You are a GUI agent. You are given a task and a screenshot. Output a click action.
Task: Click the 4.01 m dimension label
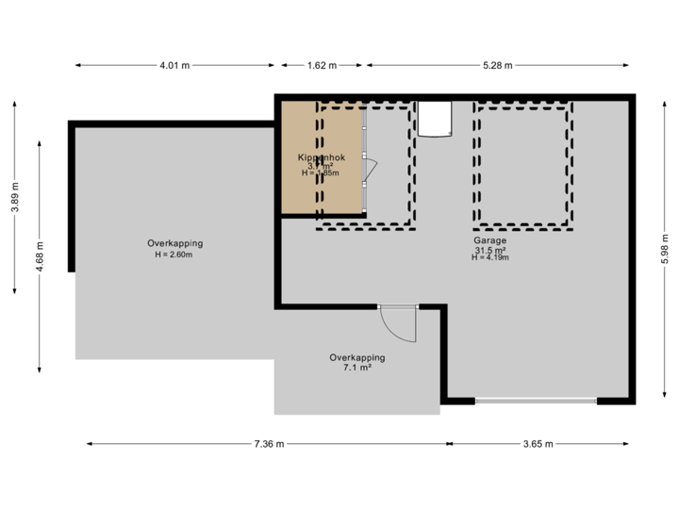coord(174,66)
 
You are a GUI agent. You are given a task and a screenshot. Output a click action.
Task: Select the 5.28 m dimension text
coord(497,66)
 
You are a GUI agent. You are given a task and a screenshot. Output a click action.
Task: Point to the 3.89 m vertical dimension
coord(14,198)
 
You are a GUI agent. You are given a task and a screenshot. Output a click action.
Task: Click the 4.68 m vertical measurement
coord(40,256)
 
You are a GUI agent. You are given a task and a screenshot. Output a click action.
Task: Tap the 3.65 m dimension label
coord(539,444)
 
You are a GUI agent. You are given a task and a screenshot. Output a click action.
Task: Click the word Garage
coord(489,240)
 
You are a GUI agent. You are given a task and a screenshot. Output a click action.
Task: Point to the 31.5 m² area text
coord(489,249)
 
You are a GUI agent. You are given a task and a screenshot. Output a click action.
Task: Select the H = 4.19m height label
coord(489,257)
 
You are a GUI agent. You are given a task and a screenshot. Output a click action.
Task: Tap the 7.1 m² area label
coord(356,369)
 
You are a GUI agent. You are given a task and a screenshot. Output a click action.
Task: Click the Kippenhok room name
coord(323,156)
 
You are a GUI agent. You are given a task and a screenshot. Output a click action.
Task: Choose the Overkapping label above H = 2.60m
coord(174,243)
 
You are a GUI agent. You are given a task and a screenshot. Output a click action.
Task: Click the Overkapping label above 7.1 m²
coord(356,358)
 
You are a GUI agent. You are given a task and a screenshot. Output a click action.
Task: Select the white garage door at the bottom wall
coord(536,401)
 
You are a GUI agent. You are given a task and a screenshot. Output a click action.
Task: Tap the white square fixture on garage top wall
coord(436,119)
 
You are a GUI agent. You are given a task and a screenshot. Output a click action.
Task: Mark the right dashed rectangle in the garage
coord(524,167)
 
